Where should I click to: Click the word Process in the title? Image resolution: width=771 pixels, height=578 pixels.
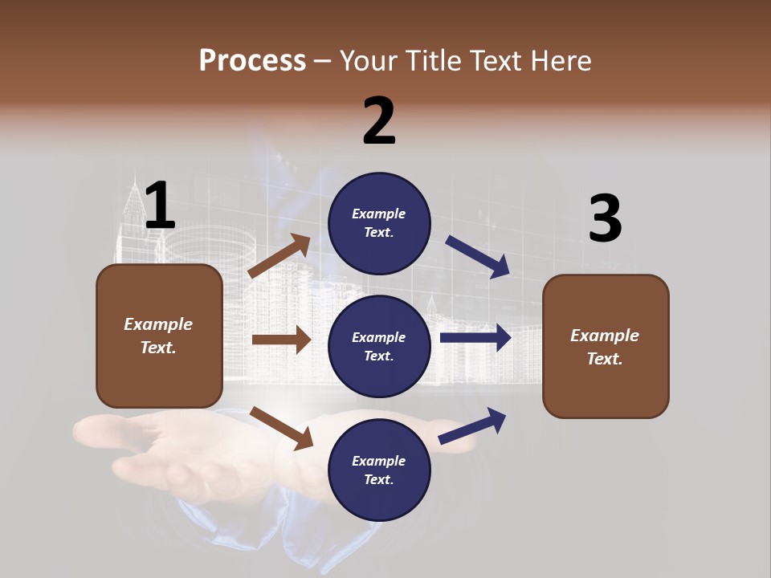[252, 61]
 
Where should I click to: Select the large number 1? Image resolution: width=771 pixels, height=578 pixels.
[160, 206]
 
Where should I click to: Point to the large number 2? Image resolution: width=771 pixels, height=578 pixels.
[379, 121]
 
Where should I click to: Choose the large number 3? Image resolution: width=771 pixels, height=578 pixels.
[605, 218]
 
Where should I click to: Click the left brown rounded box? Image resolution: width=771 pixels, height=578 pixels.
[159, 336]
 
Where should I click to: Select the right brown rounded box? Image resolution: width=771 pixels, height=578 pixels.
[606, 347]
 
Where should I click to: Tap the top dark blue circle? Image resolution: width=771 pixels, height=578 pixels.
[379, 223]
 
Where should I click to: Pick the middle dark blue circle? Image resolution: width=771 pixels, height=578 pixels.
[379, 347]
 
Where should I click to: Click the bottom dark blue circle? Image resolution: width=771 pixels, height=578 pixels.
[379, 470]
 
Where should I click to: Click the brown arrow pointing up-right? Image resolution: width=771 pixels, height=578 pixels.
[280, 256]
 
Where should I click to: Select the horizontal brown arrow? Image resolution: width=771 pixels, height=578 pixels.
[281, 340]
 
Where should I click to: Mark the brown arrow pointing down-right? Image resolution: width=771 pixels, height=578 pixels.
[282, 428]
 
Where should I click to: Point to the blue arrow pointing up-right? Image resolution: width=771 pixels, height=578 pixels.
[473, 425]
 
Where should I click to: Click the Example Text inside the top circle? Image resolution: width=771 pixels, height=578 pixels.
[379, 223]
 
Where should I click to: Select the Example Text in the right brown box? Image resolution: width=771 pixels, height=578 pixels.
[605, 347]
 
